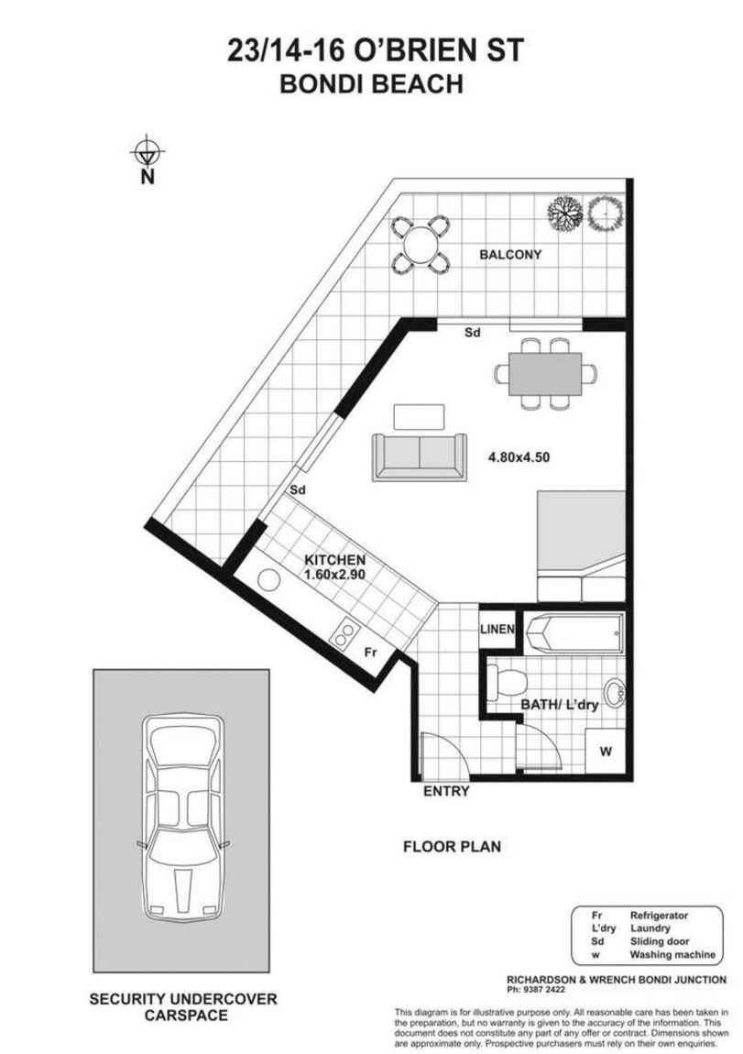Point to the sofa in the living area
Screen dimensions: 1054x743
point(418,456)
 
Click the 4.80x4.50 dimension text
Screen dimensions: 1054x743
point(518,456)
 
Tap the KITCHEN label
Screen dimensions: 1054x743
point(335,560)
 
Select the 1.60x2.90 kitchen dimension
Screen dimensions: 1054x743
point(335,575)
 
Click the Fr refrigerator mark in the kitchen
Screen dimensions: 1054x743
point(371,653)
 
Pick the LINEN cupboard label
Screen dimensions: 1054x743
point(498,630)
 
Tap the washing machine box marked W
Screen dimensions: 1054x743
point(604,752)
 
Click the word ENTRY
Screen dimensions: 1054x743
point(446,791)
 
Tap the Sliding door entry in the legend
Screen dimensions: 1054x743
point(658,941)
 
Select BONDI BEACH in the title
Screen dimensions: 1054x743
point(370,85)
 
